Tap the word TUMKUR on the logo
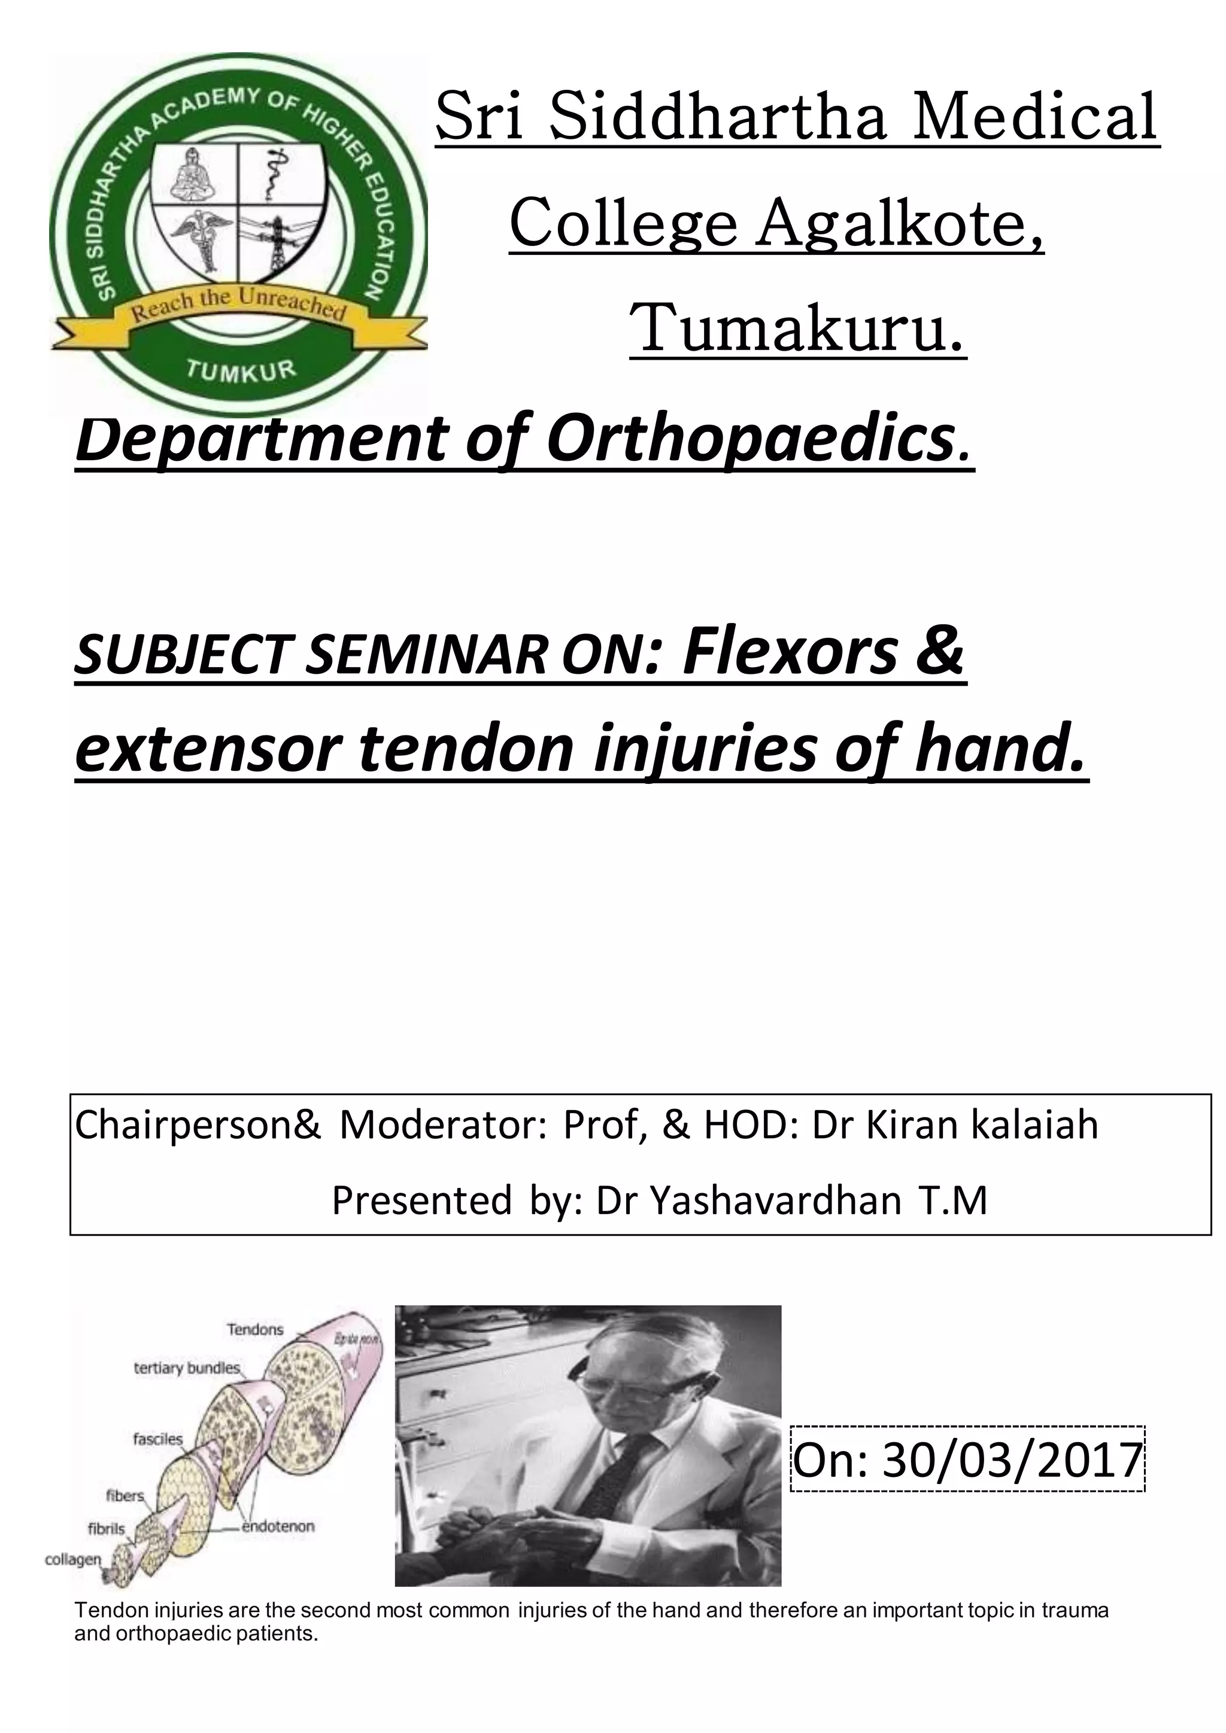pyautogui.click(x=241, y=370)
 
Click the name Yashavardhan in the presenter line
pyautogui.click(x=775, y=1200)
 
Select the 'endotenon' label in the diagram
pyautogui.click(x=278, y=1526)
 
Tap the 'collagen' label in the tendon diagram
pyautogui.click(x=72, y=1559)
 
